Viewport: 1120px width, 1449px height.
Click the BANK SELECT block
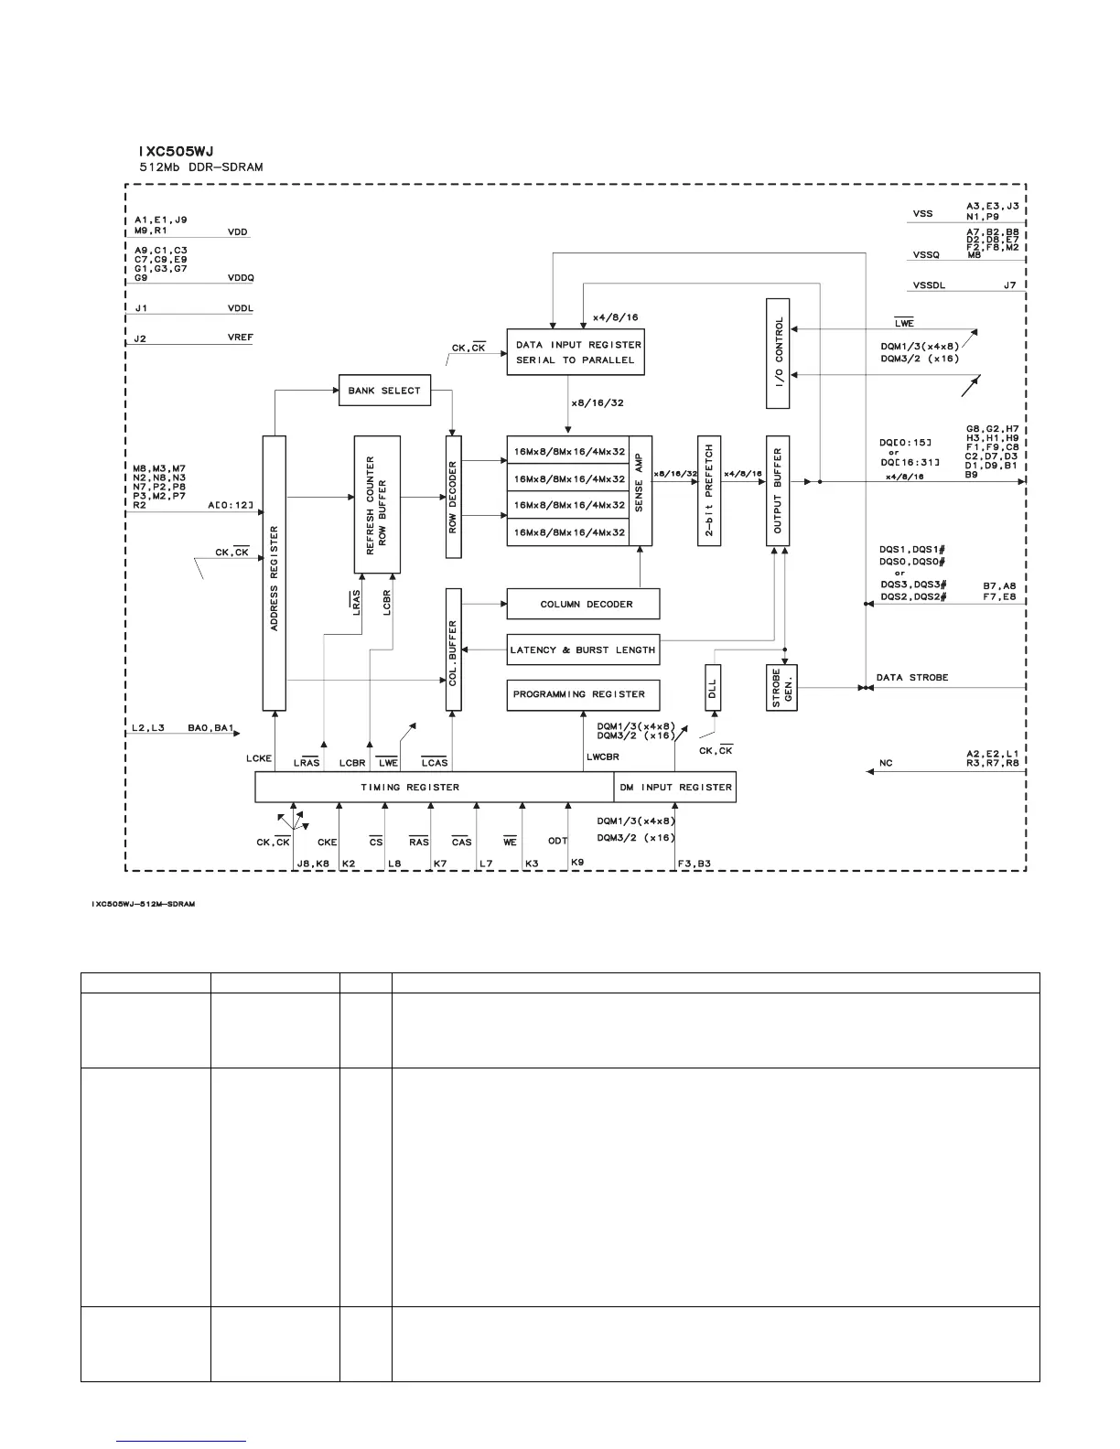tap(383, 391)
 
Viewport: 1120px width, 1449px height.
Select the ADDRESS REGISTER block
tap(275, 573)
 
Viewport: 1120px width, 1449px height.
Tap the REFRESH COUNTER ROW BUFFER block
tap(377, 504)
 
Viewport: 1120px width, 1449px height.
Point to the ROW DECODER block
tap(454, 497)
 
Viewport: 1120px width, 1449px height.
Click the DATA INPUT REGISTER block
tap(576, 352)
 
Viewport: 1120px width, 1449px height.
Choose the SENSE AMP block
tap(640, 491)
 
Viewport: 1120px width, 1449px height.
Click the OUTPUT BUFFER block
tap(778, 491)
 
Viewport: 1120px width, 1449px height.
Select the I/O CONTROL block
tap(778, 353)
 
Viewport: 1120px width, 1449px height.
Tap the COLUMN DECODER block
tap(583, 604)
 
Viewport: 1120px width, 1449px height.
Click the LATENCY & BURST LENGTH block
tap(583, 649)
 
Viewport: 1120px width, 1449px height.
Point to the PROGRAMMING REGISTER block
tap(583, 695)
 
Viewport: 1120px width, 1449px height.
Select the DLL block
tap(713, 688)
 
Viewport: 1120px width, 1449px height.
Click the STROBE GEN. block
tap(781, 688)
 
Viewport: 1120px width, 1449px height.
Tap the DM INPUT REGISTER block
tap(675, 788)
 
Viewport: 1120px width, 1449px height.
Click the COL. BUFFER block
tap(454, 649)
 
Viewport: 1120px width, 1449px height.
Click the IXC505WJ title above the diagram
tap(176, 151)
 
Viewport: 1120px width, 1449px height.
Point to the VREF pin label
tap(241, 338)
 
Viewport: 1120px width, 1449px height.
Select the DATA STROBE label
tap(912, 678)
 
